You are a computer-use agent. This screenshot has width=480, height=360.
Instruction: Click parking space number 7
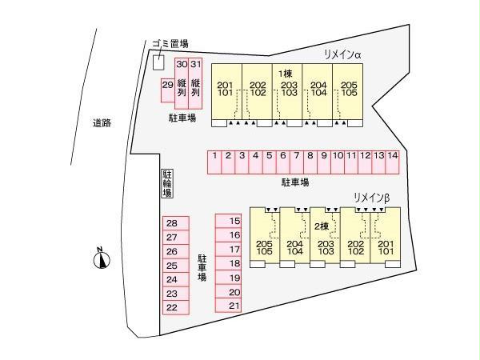[296, 162]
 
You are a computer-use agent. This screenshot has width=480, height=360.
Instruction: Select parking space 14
[393, 162]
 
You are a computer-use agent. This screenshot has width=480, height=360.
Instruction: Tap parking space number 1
[214, 162]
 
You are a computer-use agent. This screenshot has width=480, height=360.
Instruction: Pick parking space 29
[168, 90]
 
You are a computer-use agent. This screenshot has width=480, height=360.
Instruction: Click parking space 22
[176, 308]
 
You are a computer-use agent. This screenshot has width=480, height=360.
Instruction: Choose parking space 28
[176, 223]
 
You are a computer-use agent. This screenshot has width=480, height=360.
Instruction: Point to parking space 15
[228, 221]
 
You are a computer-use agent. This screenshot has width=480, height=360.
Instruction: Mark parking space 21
[228, 306]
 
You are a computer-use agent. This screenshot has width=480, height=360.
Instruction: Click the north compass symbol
[102, 259]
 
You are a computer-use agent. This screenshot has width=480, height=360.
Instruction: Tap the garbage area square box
[158, 62]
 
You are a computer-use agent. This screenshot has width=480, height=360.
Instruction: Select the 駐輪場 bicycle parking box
[167, 183]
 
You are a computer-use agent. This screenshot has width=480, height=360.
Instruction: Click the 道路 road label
[102, 123]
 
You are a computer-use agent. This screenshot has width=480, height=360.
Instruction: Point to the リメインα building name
[342, 54]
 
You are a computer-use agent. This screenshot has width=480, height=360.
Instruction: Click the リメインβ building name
[372, 198]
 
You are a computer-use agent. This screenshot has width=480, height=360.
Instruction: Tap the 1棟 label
[286, 74]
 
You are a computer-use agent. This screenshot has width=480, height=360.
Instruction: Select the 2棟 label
[322, 226]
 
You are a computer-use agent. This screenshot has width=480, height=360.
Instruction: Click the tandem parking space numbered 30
[182, 83]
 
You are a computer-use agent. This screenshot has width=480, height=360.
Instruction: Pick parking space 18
[228, 263]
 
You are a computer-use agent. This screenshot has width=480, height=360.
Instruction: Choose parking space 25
[176, 266]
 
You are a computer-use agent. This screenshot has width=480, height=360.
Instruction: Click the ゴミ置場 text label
[170, 44]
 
